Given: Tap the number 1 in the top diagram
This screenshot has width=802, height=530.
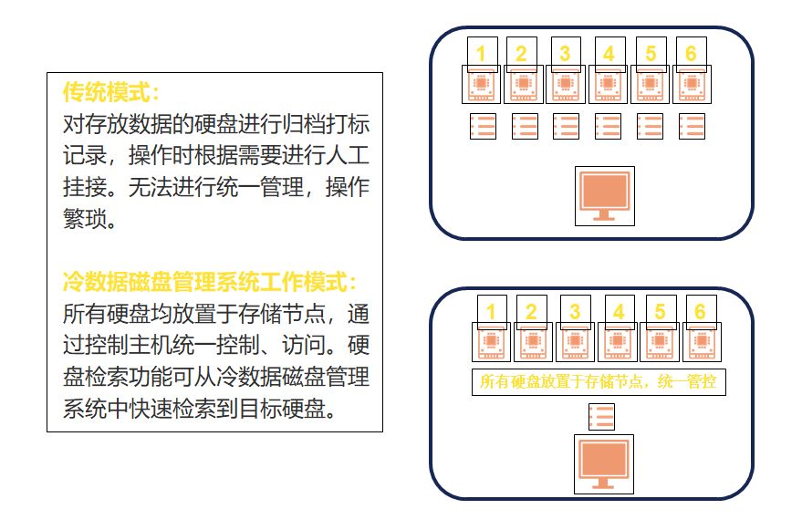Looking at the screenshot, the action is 481,54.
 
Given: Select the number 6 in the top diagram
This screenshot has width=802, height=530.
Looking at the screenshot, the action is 691,54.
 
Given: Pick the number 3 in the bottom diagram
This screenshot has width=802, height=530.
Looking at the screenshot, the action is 575,312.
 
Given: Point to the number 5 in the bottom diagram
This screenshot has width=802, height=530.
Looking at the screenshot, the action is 660,312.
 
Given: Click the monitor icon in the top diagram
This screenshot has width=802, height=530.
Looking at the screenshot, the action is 604,196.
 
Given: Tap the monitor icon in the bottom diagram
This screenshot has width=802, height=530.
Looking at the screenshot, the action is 603,464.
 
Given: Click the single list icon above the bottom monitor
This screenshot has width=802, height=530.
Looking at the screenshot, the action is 601,418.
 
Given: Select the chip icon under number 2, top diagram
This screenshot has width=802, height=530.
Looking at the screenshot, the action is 523,85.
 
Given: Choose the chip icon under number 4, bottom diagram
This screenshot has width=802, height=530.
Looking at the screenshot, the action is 618,342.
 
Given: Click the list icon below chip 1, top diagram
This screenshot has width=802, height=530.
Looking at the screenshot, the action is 483,127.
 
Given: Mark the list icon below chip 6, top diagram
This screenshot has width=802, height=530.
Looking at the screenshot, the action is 692,127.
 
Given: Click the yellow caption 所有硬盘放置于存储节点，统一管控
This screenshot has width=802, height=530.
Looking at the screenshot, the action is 599,381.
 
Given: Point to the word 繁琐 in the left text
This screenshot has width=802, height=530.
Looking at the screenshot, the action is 84,219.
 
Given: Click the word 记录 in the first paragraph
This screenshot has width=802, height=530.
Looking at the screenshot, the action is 84,155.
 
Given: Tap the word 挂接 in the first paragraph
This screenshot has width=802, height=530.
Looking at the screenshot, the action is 84,187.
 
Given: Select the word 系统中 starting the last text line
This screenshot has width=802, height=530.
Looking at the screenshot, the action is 95,409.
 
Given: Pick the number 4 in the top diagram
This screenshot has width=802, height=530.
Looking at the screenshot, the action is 609,54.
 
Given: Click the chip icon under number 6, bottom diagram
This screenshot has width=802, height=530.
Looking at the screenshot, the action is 702,342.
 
